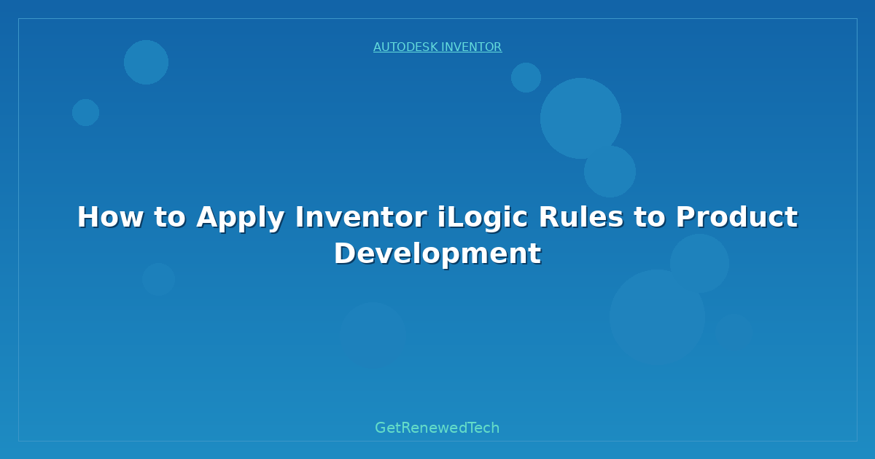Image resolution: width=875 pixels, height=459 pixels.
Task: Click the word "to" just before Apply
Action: click(x=170, y=217)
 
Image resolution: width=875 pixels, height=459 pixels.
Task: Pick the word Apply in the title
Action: click(x=241, y=219)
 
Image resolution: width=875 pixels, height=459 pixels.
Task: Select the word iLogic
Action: click(x=483, y=219)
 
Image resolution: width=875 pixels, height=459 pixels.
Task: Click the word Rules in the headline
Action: click(x=582, y=217)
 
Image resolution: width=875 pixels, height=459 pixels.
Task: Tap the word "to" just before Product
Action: click(x=650, y=217)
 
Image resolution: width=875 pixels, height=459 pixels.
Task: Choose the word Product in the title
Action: click(x=737, y=217)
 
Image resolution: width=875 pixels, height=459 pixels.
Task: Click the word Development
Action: click(x=438, y=254)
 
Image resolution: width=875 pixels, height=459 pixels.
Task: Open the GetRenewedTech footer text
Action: click(x=437, y=428)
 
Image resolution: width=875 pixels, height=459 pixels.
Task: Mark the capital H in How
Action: click(x=87, y=217)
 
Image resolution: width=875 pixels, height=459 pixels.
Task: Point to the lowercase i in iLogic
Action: click(x=441, y=216)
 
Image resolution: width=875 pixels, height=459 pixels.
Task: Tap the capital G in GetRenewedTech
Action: click(x=381, y=428)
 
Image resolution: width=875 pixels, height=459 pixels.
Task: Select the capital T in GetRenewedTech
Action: click(x=473, y=428)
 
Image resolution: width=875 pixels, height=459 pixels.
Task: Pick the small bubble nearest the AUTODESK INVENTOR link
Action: click(x=526, y=78)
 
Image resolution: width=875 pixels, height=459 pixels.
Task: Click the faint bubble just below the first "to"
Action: click(x=158, y=279)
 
